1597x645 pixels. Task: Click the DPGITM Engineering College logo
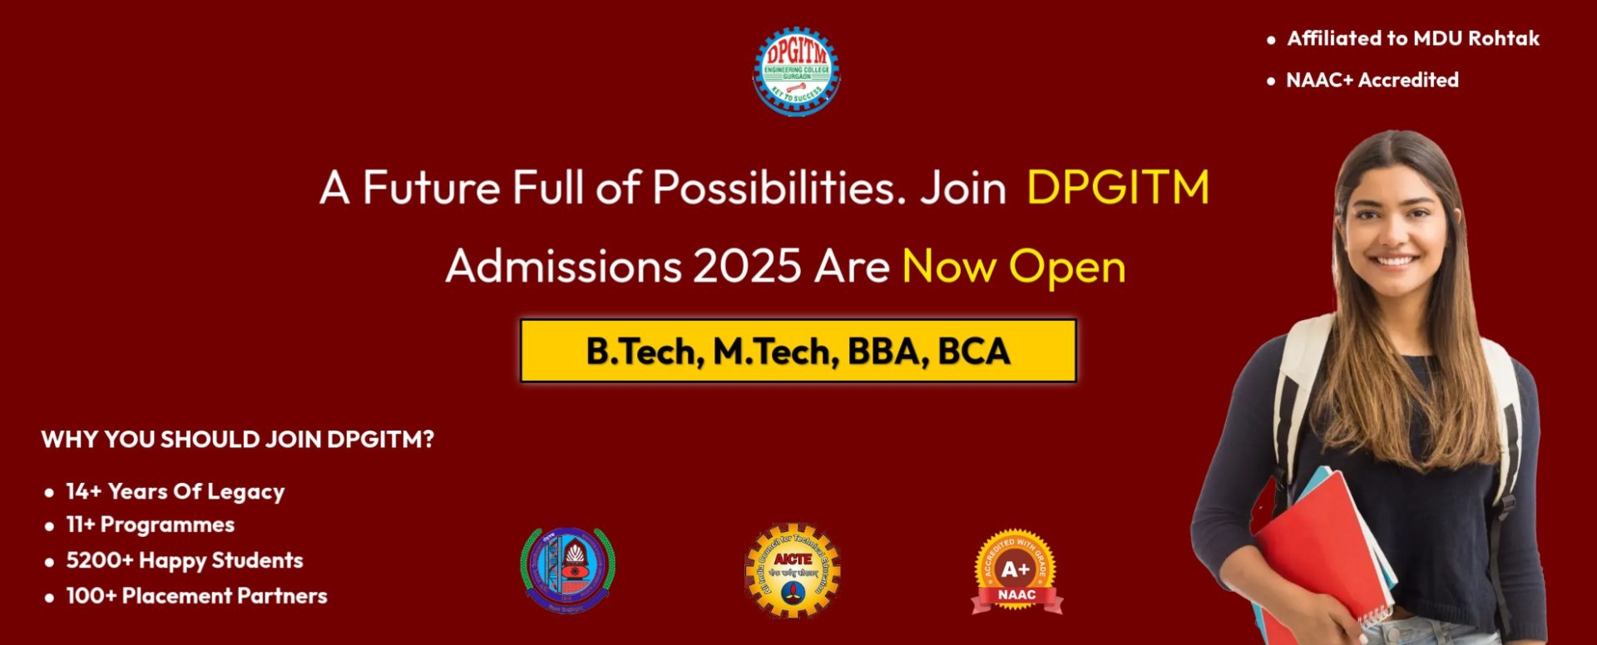(796, 71)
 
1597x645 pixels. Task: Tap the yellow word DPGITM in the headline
(1117, 187)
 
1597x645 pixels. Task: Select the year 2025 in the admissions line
(747, 267)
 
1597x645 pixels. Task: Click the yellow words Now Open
(1013, 267)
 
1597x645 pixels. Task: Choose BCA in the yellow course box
(973, 352)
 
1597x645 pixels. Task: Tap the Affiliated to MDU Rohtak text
(1412, 38)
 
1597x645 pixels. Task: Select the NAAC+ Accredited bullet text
(1372, 80)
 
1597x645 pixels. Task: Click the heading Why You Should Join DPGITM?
(237, 439)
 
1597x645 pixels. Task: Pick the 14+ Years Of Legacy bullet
(175, 491)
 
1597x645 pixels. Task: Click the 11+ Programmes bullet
(150, 524)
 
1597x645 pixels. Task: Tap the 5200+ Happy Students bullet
(184, 560)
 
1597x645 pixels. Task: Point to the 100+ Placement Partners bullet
(196, 596)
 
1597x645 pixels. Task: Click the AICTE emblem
(792, 570)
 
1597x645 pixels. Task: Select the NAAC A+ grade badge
(1016, 572)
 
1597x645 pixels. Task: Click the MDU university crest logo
(567, 570)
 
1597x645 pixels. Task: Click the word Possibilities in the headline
(779, 187)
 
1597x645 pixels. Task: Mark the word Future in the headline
(431, 187)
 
